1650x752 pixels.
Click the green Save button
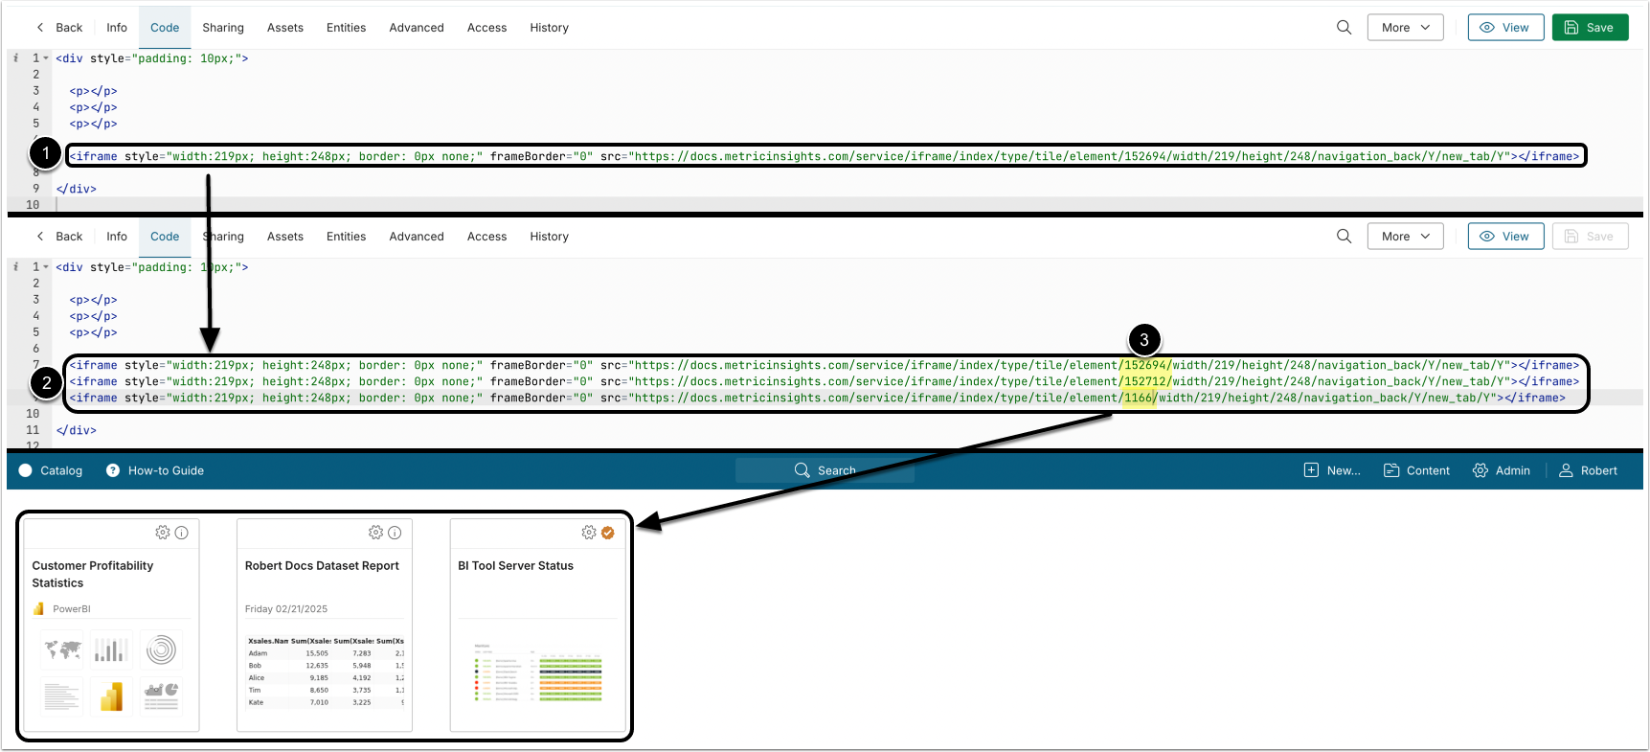[x=1590, y=28]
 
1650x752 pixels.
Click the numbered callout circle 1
[x=45, y=153]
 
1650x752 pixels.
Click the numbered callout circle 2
[x=45, y=383]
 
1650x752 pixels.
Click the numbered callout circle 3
[x=1143, y=340]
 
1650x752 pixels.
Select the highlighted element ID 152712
[x=1145, y=381]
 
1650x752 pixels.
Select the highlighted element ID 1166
[x=1139, y=398]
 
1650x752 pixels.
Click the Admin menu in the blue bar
[x=1502, y=470]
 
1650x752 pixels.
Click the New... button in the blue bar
[x=1332, y=470]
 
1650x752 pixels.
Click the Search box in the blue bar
[x=825, y=470]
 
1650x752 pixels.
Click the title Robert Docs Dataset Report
[x=322, y=566]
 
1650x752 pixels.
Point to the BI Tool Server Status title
[x=515, y=566]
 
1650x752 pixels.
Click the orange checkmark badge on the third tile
[x=607, y=533]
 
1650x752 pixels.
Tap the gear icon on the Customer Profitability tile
[x=163, y=533]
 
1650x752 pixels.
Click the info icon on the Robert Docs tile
[x=395, y=533]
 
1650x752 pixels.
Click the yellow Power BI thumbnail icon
[x=112, y=696]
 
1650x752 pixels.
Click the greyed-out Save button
[x=1590, y=237]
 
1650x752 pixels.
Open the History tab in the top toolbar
[x=549, y=28]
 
